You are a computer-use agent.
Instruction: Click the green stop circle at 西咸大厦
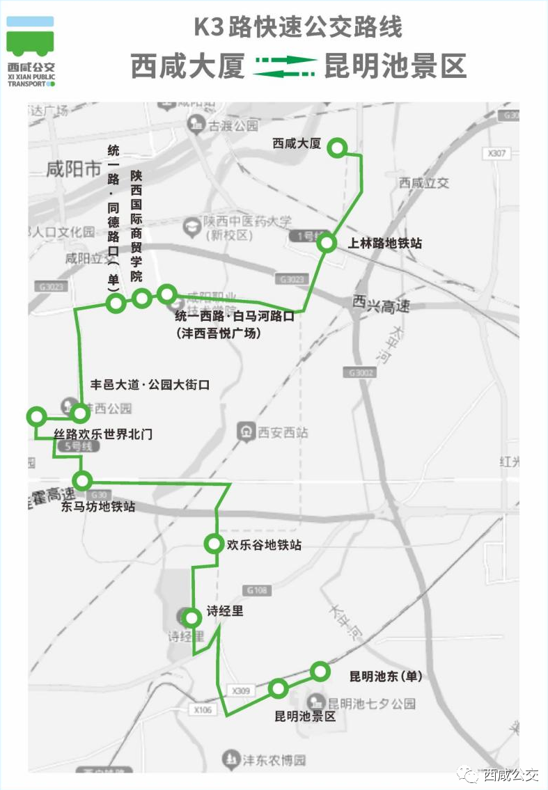[338, 147]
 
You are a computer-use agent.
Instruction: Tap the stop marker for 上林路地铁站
[327, 244]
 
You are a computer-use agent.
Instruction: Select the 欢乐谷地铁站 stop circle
[213, 544]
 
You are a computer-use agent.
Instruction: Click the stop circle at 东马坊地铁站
[83, 480]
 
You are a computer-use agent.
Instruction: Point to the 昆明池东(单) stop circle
[320, 671]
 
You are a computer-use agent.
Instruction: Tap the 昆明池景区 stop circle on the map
[279, 688]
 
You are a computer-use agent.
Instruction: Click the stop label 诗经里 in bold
[224, 613]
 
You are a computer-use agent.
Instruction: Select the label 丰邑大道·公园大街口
[150, 384]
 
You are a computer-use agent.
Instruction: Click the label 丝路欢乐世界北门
[103, 434]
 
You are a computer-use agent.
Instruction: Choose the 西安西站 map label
[282, 432]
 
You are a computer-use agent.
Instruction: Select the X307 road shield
[497, 153]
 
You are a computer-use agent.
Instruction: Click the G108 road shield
[257, 590]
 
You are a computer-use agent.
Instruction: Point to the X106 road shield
[203, 709]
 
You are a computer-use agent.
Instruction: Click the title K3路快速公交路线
[298, 29]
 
